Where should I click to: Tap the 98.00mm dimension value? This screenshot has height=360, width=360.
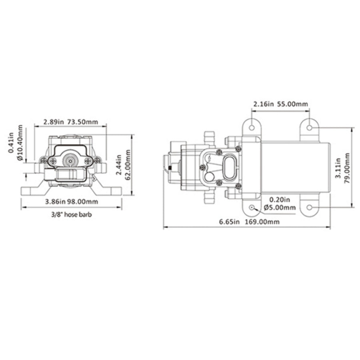pyautogui.click(x=83, y=202)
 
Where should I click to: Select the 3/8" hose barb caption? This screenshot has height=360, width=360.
pyautogui.click(x=72, y=215)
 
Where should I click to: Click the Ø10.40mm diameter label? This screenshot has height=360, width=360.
pyautogui.click(x=20, y=142)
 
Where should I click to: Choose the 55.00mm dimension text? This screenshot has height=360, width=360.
pyautogui.click(x=292, y=104)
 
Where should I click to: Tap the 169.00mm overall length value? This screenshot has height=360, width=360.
pyautogui.click(x=262, y=222)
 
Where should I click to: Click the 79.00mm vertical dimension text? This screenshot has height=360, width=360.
pyautogui.click(x=347, y=168)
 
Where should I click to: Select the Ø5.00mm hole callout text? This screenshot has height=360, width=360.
pyautogui.click(x=280, y=208)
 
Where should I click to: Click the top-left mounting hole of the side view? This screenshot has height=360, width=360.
pyautogui.click(x=252, y=128)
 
